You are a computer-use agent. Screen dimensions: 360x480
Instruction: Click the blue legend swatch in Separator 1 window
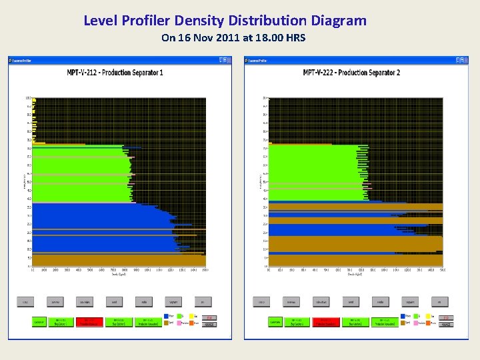click(x=166, y=316)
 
